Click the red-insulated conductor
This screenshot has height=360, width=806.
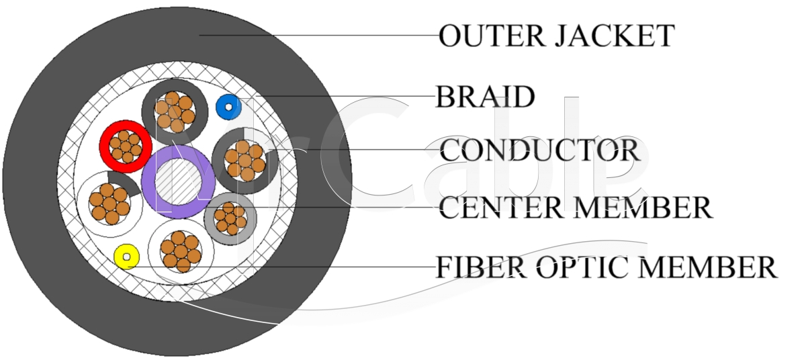125,146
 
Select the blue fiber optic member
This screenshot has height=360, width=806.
228,107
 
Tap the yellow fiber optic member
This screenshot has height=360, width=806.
126,257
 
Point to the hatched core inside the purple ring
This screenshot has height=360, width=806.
179,181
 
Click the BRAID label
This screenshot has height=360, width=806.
485,97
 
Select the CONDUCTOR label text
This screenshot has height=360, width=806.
539,150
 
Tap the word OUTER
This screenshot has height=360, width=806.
492,36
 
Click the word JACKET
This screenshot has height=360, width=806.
614,36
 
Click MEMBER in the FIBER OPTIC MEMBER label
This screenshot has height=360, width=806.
707,267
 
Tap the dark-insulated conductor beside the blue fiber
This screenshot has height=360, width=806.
173,111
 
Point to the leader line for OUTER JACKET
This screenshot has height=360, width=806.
316,35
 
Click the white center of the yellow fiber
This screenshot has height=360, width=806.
126,257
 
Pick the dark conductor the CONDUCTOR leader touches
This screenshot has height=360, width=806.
244,160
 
